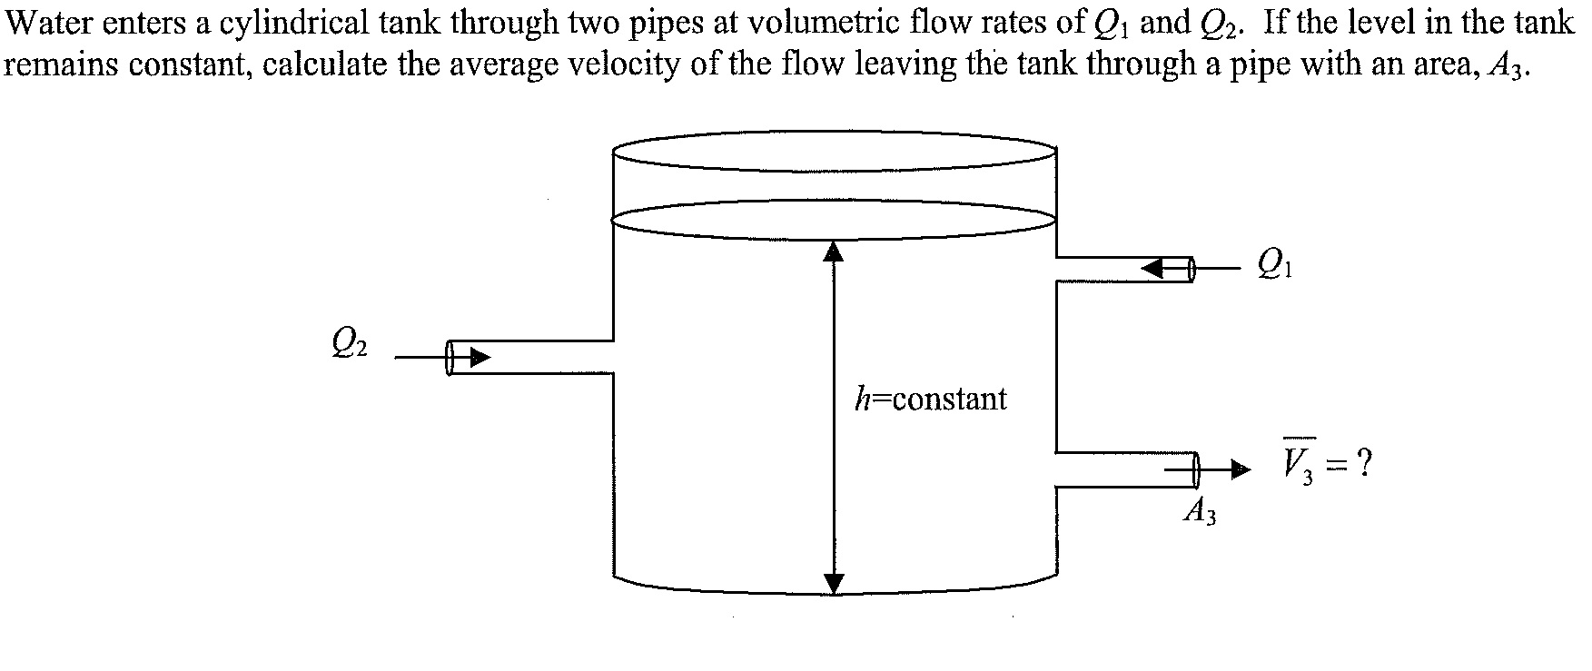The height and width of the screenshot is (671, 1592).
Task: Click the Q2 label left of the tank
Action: pyautogui.click(x=350, y=342)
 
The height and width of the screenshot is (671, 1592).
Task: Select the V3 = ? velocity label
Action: pyautogui.click(x=1326, y=466)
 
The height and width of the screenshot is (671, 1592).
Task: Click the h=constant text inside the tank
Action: pyautogui.click(x=931, y=399)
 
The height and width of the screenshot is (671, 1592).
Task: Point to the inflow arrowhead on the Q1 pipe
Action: pyautogui.click(x=1153, y=268)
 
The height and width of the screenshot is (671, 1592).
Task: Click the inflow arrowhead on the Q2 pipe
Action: pyautogui.click(x=479, y=357)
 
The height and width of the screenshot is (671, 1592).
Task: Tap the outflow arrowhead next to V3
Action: pyautogui.click(x=1241, y=469)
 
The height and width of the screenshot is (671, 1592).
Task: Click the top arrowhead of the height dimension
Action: pyautogui.click(x=834, y=250)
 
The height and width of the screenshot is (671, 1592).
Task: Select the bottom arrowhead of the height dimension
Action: pyautogui.click(x=834, y=583)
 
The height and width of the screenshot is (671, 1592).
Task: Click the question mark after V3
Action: pyautogui.click(x=1361, y=466)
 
